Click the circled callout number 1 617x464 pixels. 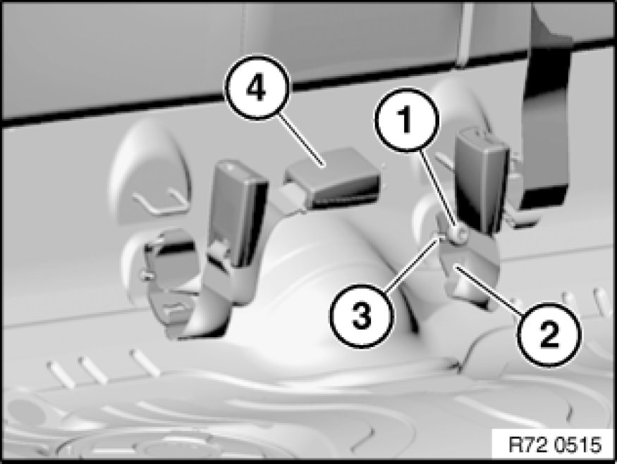click(405, 119)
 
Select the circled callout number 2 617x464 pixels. click(549, 334)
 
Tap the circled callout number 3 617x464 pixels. click(361, 316)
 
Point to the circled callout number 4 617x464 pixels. click(256, 87)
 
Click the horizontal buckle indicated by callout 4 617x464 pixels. click(333, 177)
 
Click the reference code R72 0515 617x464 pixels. click(555, 445)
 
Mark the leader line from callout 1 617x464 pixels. click(438, 189)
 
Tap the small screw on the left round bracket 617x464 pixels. click(146, 276)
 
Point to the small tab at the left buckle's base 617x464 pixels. click(218, 249)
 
